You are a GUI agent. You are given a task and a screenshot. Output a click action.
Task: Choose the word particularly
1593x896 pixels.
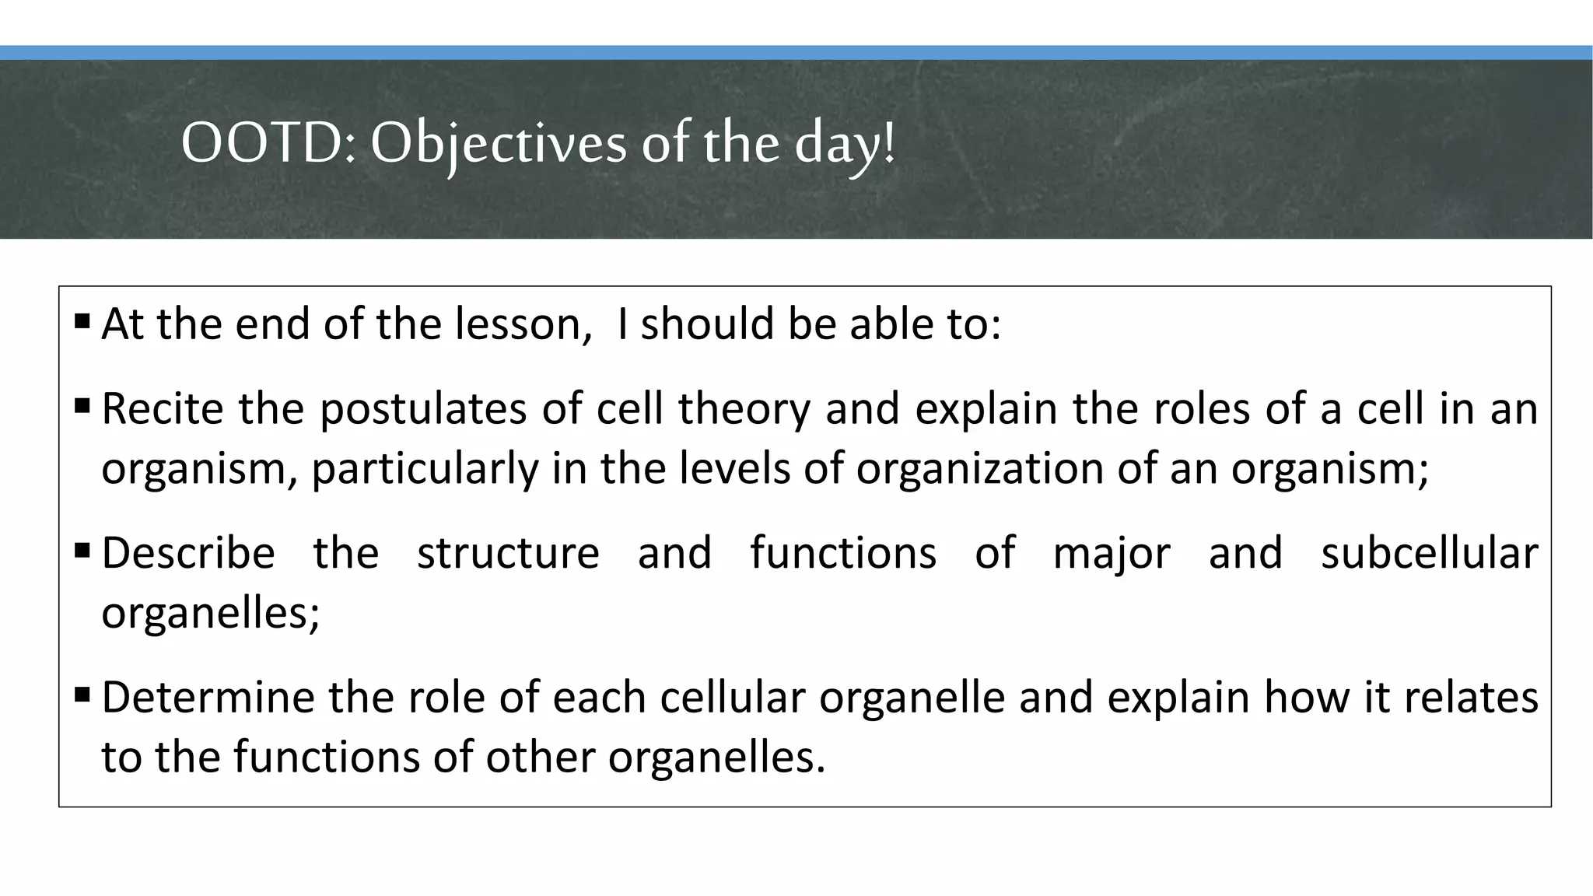tap(425, 468)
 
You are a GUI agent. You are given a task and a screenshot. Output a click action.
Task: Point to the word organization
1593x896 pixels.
tap(980, 468)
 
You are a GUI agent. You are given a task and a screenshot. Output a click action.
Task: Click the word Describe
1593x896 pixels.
tap(188, 553)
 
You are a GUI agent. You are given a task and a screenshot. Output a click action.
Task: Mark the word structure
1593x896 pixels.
tap(508, 553)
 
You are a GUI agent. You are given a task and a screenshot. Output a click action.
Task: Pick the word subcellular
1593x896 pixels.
tap(1429, 553)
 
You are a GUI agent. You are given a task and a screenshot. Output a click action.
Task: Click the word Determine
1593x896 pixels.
tap(207, 697)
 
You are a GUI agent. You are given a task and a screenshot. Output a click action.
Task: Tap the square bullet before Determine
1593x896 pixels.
tap(82, 694)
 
